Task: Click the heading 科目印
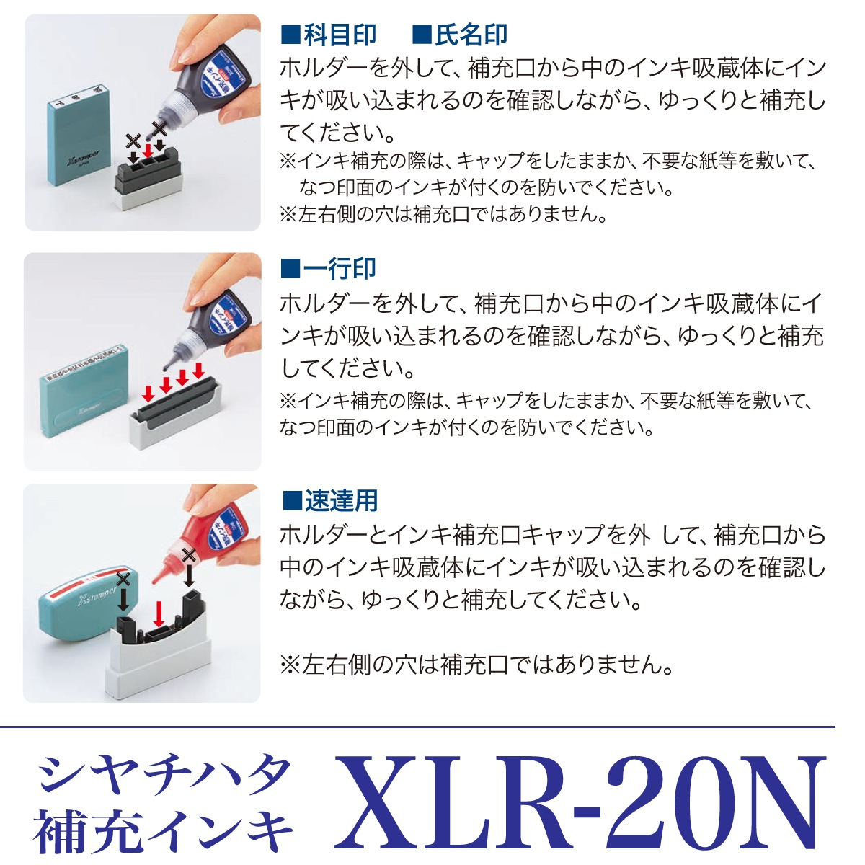click(340, 35)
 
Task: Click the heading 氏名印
click(471, 35)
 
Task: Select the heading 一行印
click(340, 268)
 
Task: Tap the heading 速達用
click(341, 500)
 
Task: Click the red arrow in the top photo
click(147, 151)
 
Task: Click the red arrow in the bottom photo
click(158, 615)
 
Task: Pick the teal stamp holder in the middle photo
click(84, 391)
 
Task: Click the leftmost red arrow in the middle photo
click(148, 394)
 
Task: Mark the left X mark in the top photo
click(133, 141)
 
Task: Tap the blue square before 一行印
click(290, 269)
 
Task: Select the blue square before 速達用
click(292, 501)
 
